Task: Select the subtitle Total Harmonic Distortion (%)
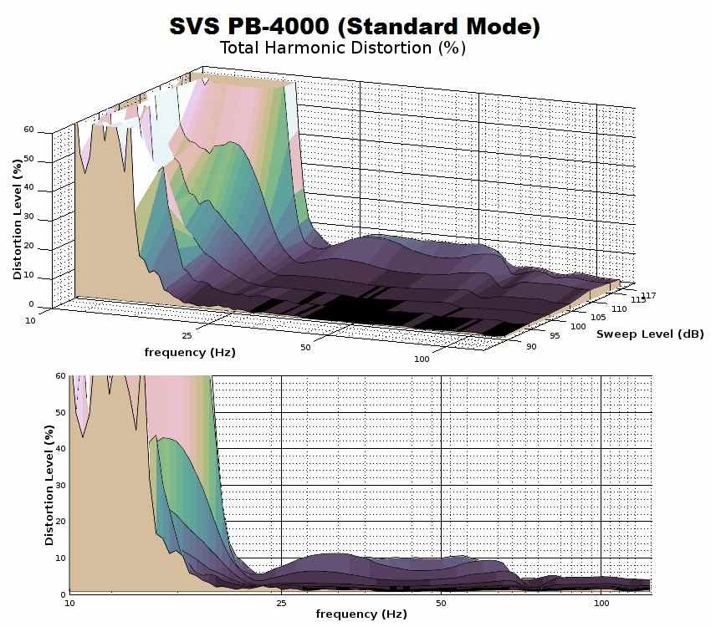pos(342,48)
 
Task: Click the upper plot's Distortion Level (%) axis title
pos(18,219)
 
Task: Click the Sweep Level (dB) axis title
pos(650,334)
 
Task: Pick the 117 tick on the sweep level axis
pos(648,295)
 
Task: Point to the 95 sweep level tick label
pos(555,337)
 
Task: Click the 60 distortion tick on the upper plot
pos(29,130)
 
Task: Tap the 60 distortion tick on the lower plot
pos(60,376)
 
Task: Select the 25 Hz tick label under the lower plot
pos(282,602)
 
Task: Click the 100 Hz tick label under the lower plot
pos(601,602)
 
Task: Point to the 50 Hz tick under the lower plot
pos(441,602)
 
